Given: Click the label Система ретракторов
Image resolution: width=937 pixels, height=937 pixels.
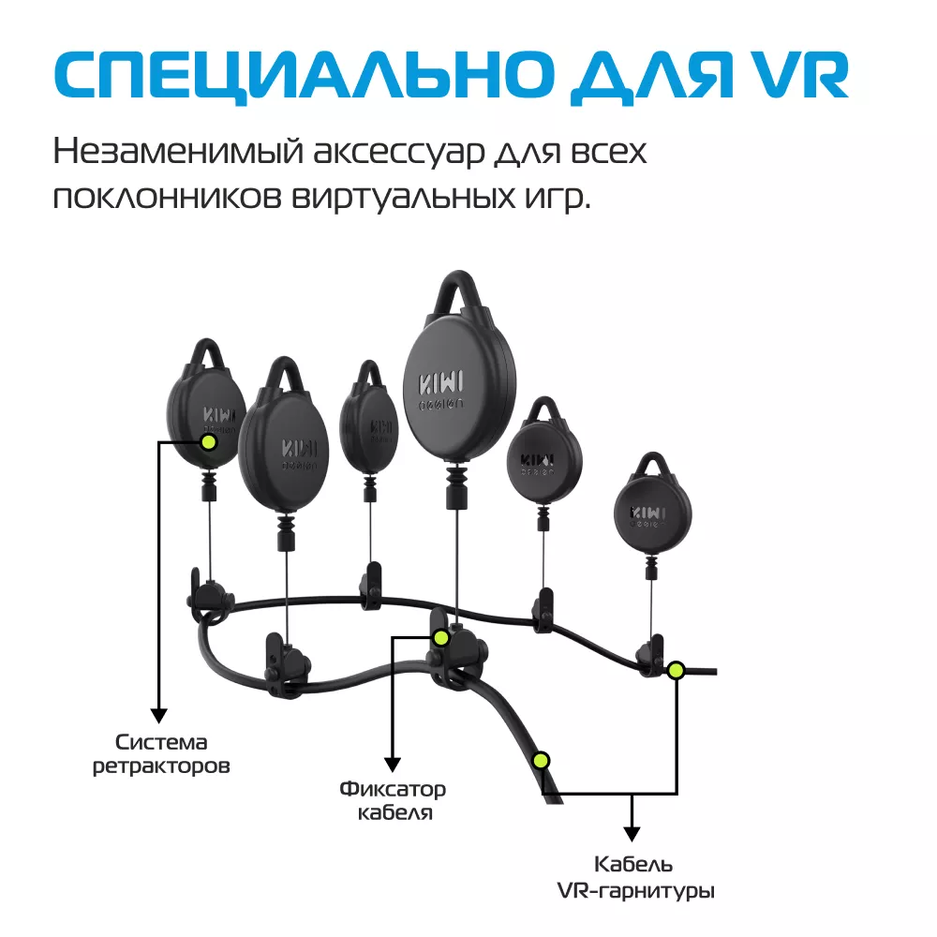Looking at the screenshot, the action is pyautogui.click(x=161, y=754).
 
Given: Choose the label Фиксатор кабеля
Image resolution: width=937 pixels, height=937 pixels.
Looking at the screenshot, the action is pyautogui.click(x=393, y=801).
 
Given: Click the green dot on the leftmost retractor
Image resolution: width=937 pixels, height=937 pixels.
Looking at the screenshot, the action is pyautogui.click(x=209, y=442).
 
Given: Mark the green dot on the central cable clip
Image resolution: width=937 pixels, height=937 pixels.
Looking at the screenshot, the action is pyautogui.click(x=441, y=637).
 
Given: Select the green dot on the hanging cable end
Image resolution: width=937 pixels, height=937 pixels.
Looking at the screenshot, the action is pyautogui.click(x=541, y=761).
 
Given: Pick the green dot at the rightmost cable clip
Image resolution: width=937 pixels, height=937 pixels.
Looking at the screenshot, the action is pyautogui.click(x=676, y=671).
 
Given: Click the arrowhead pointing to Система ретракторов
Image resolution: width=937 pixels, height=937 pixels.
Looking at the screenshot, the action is pyautogui.click(x=159, y=715).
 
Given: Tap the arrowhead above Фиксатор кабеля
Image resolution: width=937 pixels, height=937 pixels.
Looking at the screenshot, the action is pyautogui.click(x=392, y=765).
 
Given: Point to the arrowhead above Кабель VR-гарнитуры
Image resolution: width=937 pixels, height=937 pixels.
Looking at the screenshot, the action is pyautogui.click(x=632, y=834).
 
